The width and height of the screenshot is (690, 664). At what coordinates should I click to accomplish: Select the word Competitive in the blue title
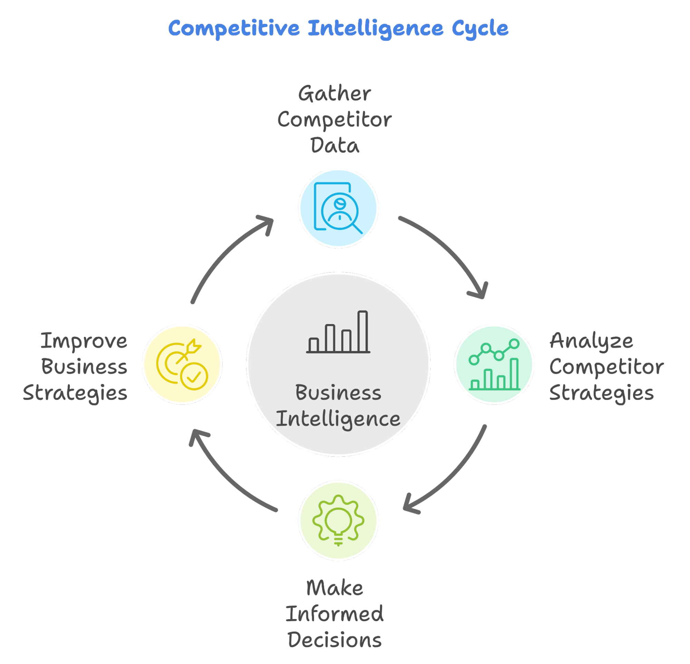click(x=234, y=28)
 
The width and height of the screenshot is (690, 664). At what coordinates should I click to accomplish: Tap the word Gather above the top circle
click(x=334, y=94)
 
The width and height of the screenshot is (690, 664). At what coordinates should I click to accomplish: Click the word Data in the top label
click(x=334, y=145)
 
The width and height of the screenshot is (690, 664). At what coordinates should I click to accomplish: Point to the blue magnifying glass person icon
click(x=338, y=208)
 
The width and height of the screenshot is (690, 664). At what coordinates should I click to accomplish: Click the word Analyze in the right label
click(x=591, y=341)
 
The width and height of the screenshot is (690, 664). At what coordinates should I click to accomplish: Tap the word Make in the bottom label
click(x=334, y=588)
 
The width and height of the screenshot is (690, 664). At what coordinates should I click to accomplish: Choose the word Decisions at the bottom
click(x=334, y=640)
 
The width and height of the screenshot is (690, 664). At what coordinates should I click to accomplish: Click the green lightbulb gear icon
click(x=338, y=520)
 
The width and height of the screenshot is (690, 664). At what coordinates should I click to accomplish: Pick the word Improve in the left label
click(x=84, y=341)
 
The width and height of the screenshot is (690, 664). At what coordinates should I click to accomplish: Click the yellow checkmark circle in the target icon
click(x=194, y=377)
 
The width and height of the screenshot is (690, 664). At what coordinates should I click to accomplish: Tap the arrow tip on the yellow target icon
click(x=193, y=347)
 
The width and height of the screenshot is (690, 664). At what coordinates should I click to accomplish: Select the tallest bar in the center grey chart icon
click(x=362, y=331)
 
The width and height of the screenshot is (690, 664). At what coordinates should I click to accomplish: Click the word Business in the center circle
click(x=338, y=392)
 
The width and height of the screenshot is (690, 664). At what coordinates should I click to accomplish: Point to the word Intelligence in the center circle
click(x=338, y=419)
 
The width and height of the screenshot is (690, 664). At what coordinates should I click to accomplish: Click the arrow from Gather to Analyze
click(x=450, y=250)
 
